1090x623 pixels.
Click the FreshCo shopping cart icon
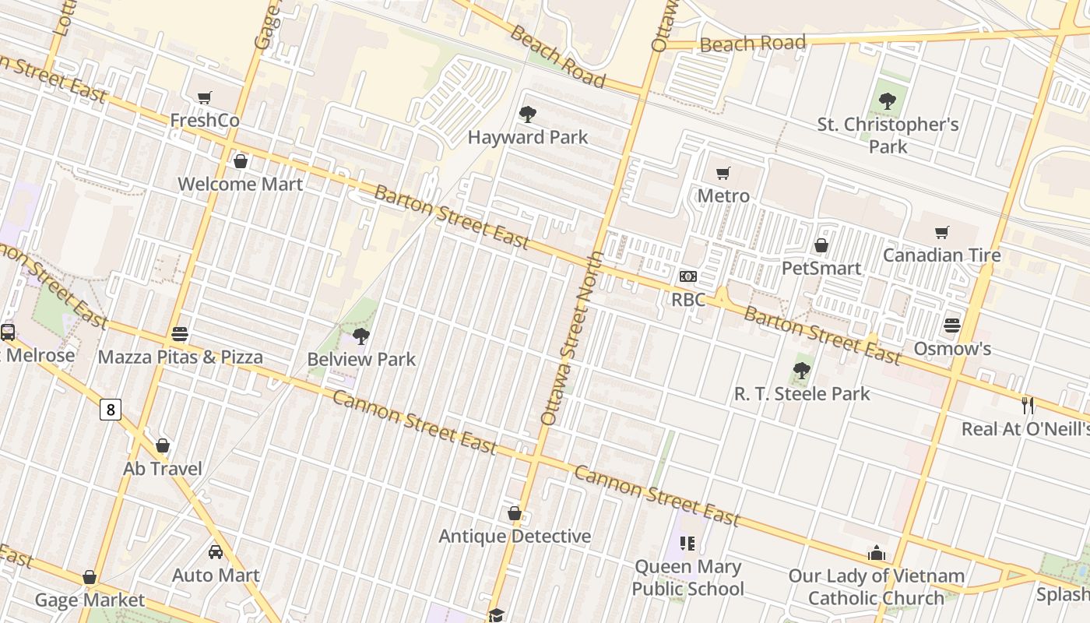[205, 98]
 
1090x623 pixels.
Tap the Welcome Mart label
[240, 185]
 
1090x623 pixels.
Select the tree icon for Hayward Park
[527, 114]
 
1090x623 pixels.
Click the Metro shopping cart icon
[723, 173]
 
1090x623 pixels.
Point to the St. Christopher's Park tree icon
[887, 101]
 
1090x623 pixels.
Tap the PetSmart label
[821, 268]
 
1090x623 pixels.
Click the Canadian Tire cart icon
[942, 232]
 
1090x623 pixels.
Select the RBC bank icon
[687, 276]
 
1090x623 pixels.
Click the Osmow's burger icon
[952, 325]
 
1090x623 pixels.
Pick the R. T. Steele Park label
[802, 393]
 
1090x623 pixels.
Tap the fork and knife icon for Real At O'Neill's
[1028, 405]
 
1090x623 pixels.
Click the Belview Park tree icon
[360, 336]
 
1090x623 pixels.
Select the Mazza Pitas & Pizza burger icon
[180, 334]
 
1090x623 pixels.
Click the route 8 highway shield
[111, 409]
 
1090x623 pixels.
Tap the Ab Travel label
[163, 469]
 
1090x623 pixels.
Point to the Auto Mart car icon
[216, 552]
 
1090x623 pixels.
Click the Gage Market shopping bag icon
[90, 577]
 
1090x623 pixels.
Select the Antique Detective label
[515, 537]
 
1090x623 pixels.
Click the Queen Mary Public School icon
[687, 543]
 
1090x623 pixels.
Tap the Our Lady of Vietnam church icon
[877, 553]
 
